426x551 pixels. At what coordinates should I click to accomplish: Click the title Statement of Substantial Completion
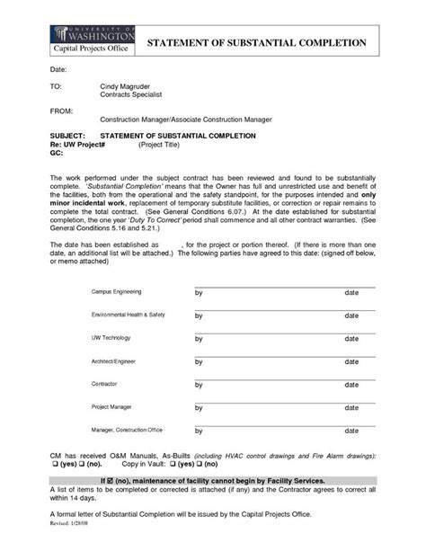click(256, 42)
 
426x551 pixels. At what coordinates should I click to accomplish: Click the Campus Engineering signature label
click(116, 293)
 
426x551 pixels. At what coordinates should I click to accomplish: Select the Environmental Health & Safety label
click(129, 315)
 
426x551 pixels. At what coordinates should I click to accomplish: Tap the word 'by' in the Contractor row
click(200, 385)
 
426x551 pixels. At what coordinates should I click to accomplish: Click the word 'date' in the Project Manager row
click(352, 407)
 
